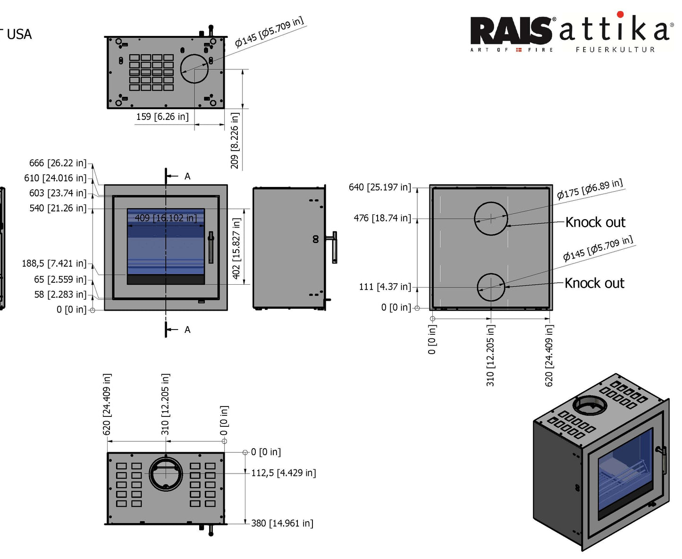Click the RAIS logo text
tap(511, 31)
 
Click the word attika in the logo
tap(614, 29)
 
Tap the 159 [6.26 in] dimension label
tap(162, 117)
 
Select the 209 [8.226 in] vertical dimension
tap(235, 140)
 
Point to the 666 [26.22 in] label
tap(58, 163)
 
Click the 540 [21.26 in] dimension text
tap(58, 208)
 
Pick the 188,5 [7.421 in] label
tap(54, 263)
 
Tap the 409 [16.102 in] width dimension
tap(166, 218)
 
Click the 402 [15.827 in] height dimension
tap(236, 248)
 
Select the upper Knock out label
tap(595, 222)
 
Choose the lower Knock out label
tap(594, 283)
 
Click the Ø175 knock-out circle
tap(491, 219)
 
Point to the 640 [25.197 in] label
tap(379, 187)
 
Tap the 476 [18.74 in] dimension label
tap(382, 218)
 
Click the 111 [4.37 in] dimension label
tap(385, 287)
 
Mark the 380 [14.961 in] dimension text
tap(282, 523)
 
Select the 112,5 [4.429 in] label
tap(283, 473)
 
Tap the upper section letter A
tap(187, 177)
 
